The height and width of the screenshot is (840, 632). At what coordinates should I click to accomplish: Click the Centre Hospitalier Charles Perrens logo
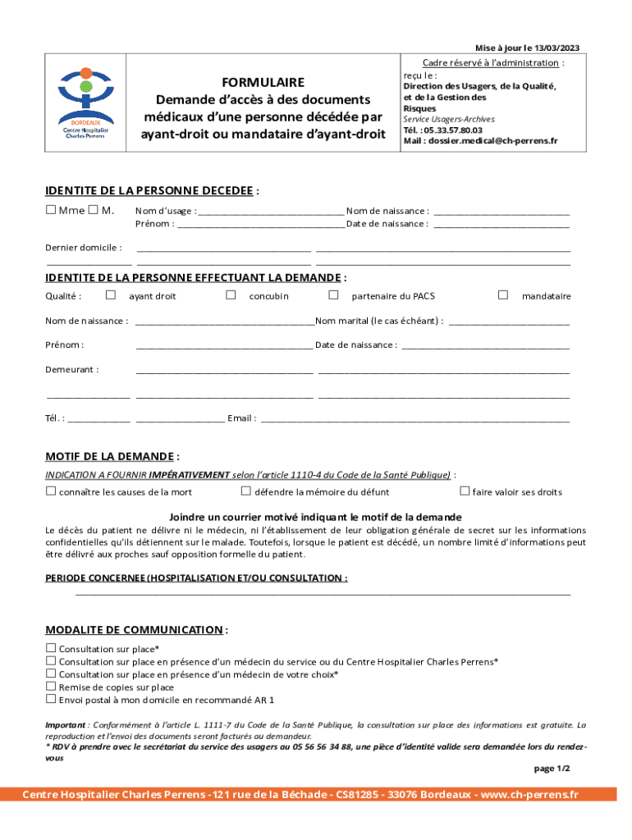tap(86, 103)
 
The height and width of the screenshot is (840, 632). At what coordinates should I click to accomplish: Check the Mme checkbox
tap(51, 211)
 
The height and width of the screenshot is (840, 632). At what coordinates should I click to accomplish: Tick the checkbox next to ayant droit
tap(111, 294)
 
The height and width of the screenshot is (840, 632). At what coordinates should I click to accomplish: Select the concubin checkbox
tap(231, 294)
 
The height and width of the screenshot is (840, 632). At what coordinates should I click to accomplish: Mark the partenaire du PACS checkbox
tap(333, 294)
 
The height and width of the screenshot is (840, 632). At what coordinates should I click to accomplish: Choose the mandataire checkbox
tap(503, 294)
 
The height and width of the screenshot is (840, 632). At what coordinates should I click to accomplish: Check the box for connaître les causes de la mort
tap(51, 491)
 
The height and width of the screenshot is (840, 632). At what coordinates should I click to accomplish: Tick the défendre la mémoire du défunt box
tap(245, 491)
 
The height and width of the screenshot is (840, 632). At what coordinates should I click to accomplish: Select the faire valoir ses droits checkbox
tap(465, 491)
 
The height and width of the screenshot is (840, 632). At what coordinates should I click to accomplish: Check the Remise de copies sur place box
tap(51, 687)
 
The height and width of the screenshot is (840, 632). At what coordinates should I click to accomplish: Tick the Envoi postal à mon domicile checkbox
tap(51, 700)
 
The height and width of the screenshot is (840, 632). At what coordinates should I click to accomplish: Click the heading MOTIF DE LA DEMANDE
tap(111, 456)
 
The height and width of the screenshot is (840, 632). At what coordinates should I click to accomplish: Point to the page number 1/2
tap(552, 769)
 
